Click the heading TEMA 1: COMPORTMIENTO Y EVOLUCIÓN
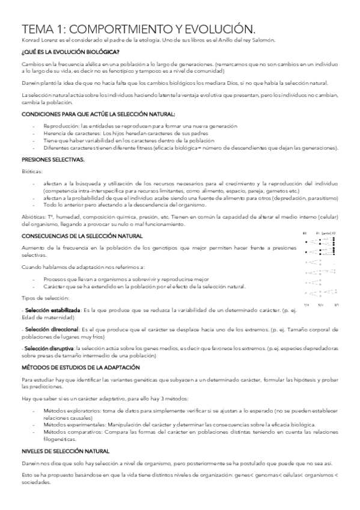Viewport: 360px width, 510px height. click(134, 29)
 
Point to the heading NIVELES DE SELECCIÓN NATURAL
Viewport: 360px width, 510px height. click(66, 450)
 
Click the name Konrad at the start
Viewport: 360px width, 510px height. click(29, 40)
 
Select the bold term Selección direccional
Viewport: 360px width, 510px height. click(52, 330)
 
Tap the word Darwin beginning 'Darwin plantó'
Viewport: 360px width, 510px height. click(30, 83)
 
